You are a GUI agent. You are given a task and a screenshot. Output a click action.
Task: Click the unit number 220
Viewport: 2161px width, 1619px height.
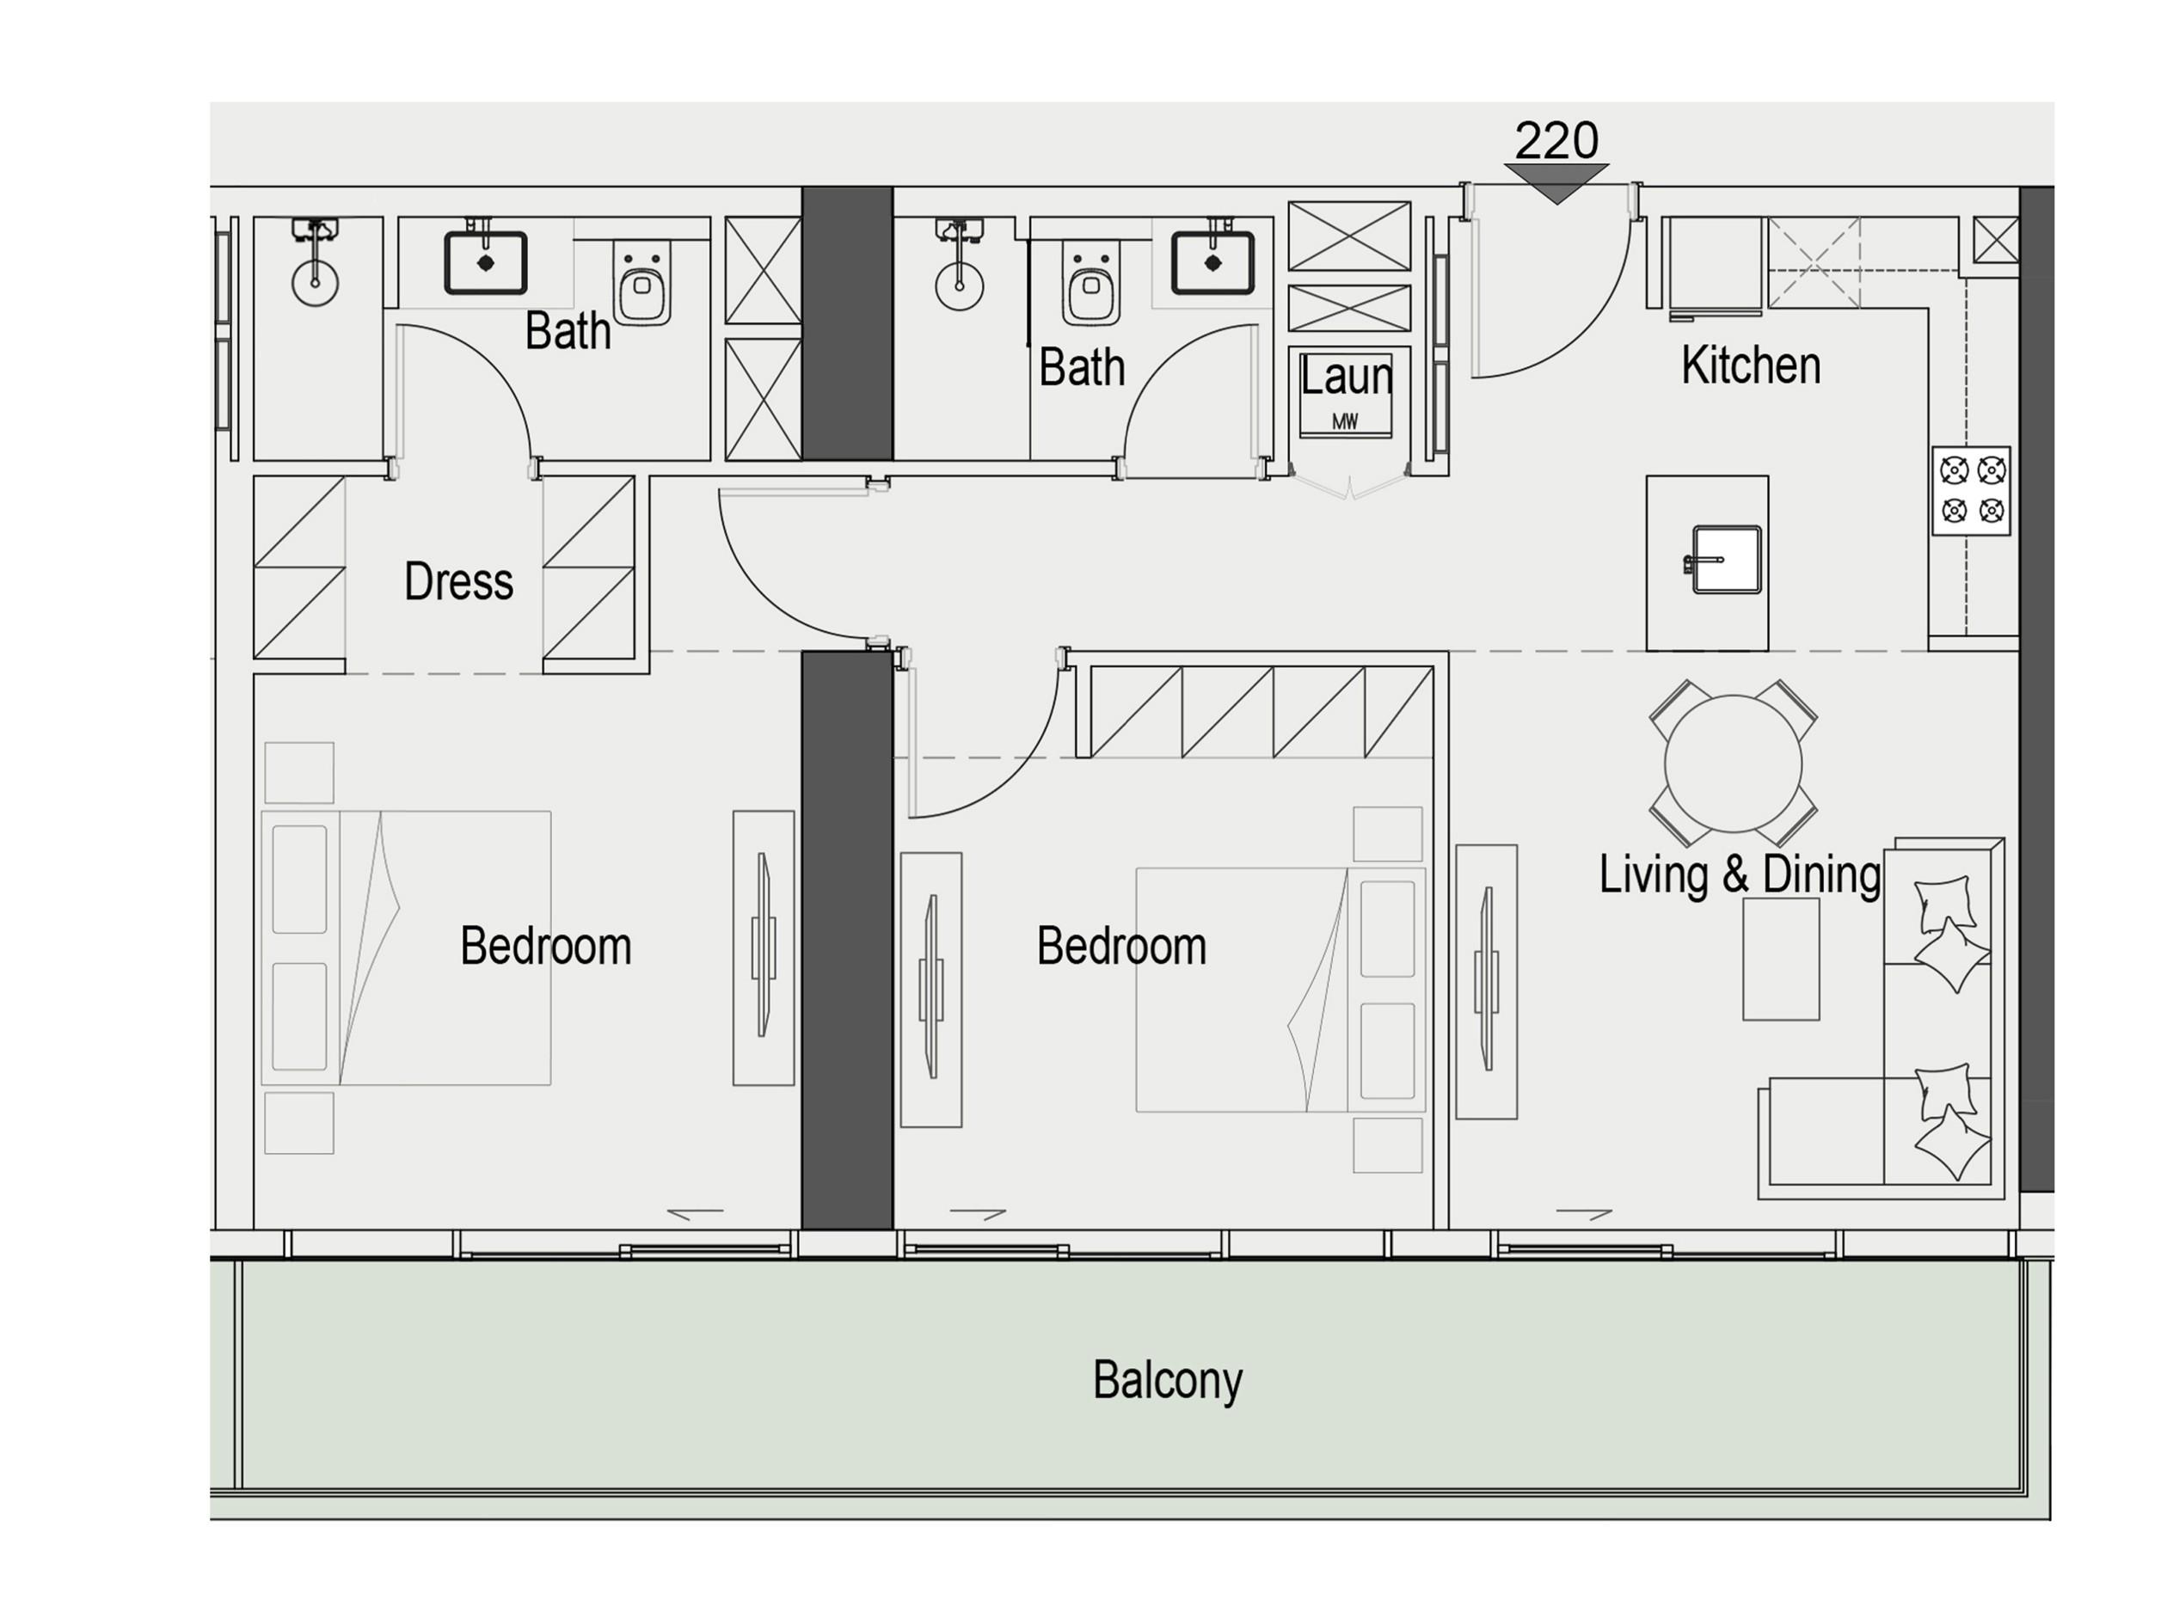[1556, 141]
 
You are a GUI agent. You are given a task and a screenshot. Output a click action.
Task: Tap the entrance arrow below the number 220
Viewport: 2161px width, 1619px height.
[1556, 181]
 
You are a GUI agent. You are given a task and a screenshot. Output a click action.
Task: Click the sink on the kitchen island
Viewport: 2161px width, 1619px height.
[1726, 560]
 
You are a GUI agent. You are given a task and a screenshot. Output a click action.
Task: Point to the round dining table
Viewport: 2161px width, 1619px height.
[1733, 764]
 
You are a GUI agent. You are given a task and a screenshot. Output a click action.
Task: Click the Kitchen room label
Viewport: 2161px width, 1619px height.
[1751, 365]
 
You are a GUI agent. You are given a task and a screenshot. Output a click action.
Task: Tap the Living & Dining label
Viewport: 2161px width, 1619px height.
[1739, 874]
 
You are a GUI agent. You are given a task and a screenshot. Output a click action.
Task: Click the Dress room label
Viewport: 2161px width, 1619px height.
[458, 581]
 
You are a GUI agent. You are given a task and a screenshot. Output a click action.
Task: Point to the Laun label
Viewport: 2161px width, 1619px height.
[1347, 377]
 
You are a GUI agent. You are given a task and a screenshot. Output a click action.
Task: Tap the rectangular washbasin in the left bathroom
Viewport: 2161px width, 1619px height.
[486, 263]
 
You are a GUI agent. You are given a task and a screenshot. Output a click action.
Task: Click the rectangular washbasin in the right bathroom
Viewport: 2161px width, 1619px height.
[1212, 263]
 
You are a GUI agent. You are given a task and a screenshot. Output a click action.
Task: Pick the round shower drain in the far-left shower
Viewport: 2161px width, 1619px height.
[315, 282]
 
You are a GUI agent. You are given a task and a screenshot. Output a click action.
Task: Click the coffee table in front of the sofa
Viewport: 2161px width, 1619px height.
[1781, 960]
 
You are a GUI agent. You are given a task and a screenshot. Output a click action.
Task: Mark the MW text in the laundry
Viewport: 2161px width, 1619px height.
[1345, 422]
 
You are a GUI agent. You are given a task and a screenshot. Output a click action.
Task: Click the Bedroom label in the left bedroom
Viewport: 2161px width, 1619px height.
[545, 946]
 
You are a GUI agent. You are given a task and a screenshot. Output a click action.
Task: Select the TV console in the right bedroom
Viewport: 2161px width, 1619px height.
[931, 989]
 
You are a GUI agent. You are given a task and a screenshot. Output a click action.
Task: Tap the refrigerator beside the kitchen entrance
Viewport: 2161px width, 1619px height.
[1715, 264]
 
